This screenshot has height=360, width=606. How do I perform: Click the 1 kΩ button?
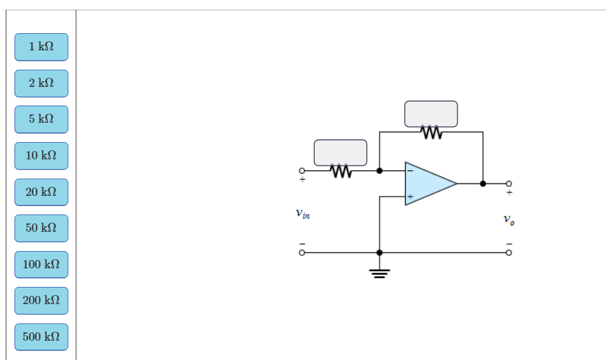[41, 47]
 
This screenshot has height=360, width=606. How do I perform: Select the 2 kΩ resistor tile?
[41, 83]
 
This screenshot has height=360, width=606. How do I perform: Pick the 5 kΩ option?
[41, 119]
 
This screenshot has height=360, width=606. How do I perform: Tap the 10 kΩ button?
[41, 156]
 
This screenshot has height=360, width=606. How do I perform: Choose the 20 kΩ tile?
[41, 192]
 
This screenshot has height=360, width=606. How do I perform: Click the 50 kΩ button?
[41, 228]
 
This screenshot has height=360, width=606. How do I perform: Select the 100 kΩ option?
[41, 264]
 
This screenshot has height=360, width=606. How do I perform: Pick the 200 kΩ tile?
[41, 301]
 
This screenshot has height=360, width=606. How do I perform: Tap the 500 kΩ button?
[41, 337]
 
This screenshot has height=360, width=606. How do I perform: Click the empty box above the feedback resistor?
[431, 114]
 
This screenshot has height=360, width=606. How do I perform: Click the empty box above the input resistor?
[340, 152]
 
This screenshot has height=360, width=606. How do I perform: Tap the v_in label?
[302, 214]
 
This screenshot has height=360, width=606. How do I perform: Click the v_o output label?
[509, 220]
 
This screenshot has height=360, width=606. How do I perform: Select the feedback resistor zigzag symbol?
[431, 132]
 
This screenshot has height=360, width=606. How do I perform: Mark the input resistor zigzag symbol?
[340, 170]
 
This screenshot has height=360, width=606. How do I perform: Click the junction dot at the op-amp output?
[482, 183]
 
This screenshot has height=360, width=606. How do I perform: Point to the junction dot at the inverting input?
[379, 170]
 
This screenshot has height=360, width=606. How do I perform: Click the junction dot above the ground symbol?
[379, 253]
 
